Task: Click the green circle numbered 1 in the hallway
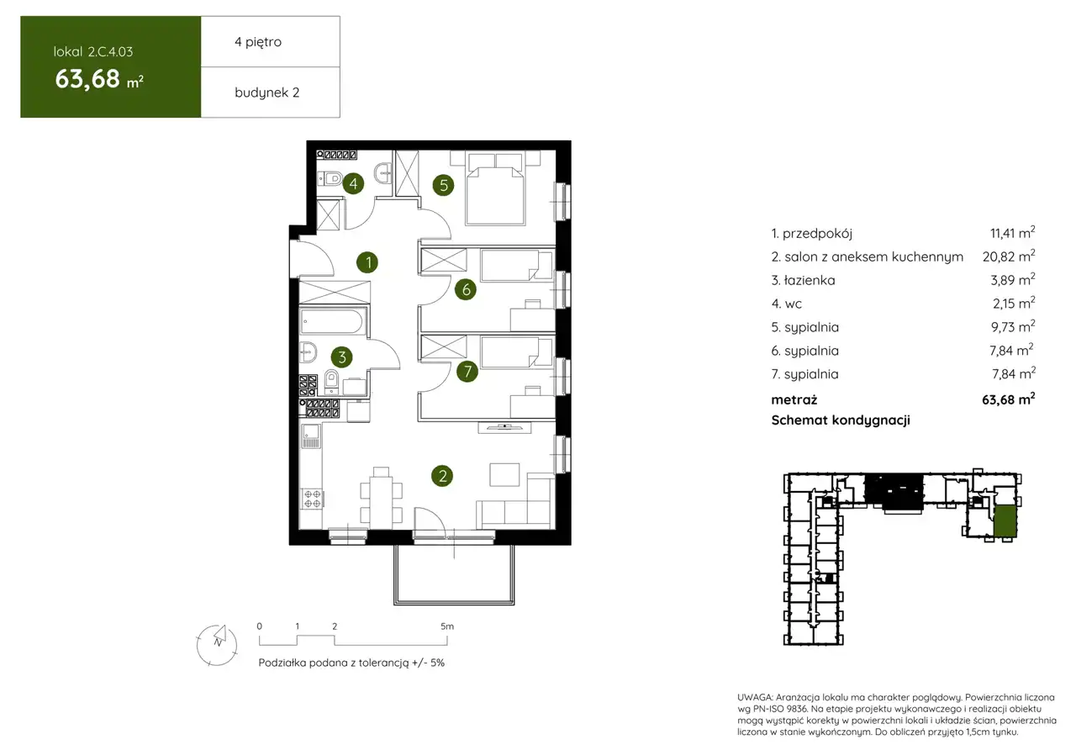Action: pos(367,262)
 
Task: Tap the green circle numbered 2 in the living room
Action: pos(442,476)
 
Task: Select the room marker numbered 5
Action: pos(443,185)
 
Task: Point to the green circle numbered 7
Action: pos(467,372)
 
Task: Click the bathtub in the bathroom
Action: pos(332,321)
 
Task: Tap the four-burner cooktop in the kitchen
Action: pos(312,499)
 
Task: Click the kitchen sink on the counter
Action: pos(311,436)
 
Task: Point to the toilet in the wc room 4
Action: pos(330,179)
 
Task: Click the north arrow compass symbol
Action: pos(217,645)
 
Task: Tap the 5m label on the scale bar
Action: pos(446,626)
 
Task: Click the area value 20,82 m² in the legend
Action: pos(1008,256)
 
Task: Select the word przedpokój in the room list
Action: pos(817,234)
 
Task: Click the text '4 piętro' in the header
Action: pos(258,42)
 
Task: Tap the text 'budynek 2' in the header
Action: pos(266,92)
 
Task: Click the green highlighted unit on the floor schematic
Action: pos(1005,521)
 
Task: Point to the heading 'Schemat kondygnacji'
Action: pos(841,420)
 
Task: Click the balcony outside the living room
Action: pos(454,574)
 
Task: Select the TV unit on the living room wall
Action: pos(504,427)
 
